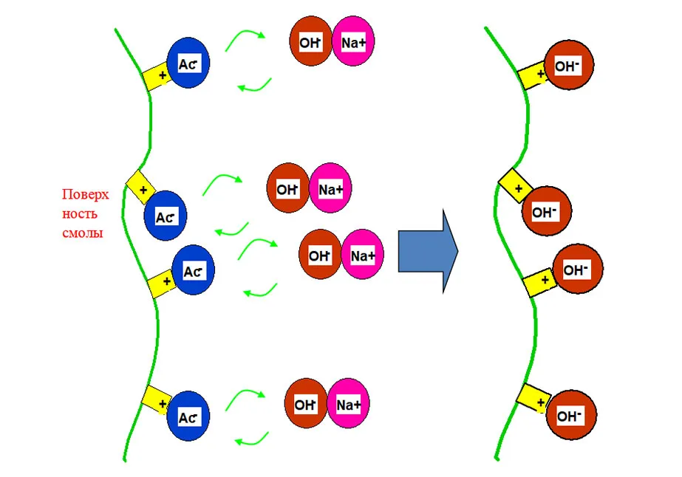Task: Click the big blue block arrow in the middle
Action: click(427, 251)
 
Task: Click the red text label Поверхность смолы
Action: click(85, 213)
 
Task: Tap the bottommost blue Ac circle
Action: click(189, 418)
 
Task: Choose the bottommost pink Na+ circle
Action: click(348, 405)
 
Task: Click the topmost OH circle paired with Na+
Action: click(310, 43)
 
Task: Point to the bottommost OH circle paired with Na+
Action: click(306, 405)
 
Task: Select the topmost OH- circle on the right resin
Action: click(569, 66)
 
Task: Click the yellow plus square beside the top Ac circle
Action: click(157, 75)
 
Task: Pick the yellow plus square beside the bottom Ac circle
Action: click(156, 399)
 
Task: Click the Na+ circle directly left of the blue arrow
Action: click(362, 255)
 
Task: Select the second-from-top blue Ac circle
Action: click(166, 217)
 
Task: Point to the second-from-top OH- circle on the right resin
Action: click(545, 213)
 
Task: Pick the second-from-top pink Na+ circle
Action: click(331, 189)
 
